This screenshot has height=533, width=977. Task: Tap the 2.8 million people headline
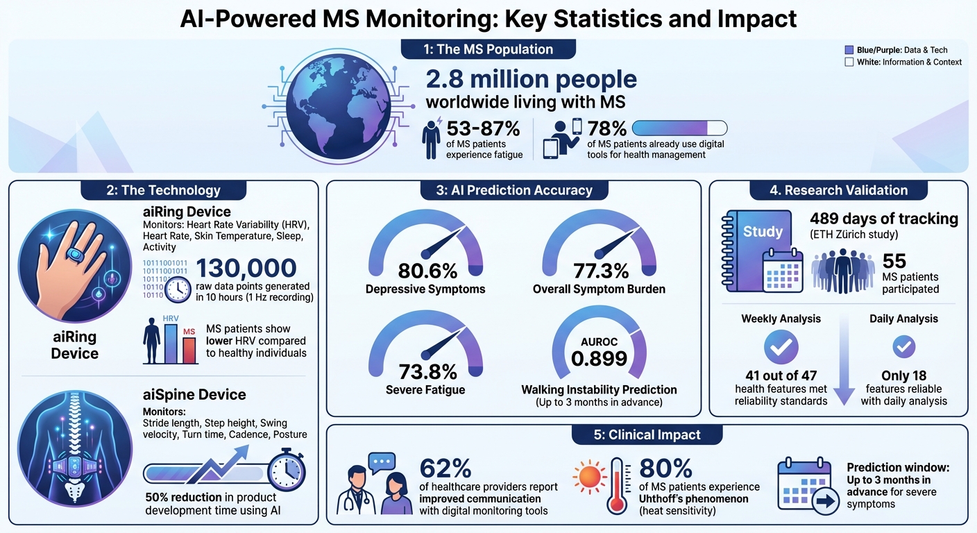531,80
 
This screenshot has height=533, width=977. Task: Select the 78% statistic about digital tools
607,128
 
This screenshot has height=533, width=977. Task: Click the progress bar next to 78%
680,128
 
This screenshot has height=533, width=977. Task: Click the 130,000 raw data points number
246,269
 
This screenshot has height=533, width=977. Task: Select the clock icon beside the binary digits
178,289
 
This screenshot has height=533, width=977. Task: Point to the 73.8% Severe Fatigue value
425,371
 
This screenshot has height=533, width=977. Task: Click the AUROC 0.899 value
599,357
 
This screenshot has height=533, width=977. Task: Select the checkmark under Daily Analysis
903,346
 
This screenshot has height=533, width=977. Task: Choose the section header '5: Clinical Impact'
647,435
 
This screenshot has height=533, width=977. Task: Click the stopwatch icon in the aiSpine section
287,471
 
